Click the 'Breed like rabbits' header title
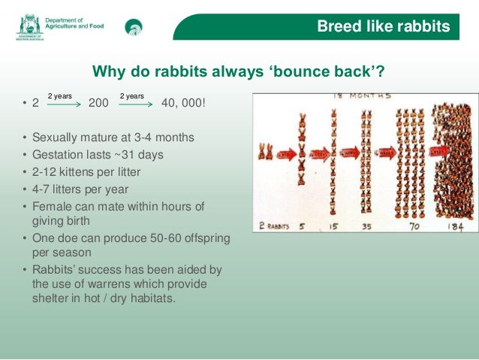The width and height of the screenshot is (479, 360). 383,27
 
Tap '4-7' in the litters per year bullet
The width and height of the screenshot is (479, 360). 43,189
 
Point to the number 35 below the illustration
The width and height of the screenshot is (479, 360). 368,225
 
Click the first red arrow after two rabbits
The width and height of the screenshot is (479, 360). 285,155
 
